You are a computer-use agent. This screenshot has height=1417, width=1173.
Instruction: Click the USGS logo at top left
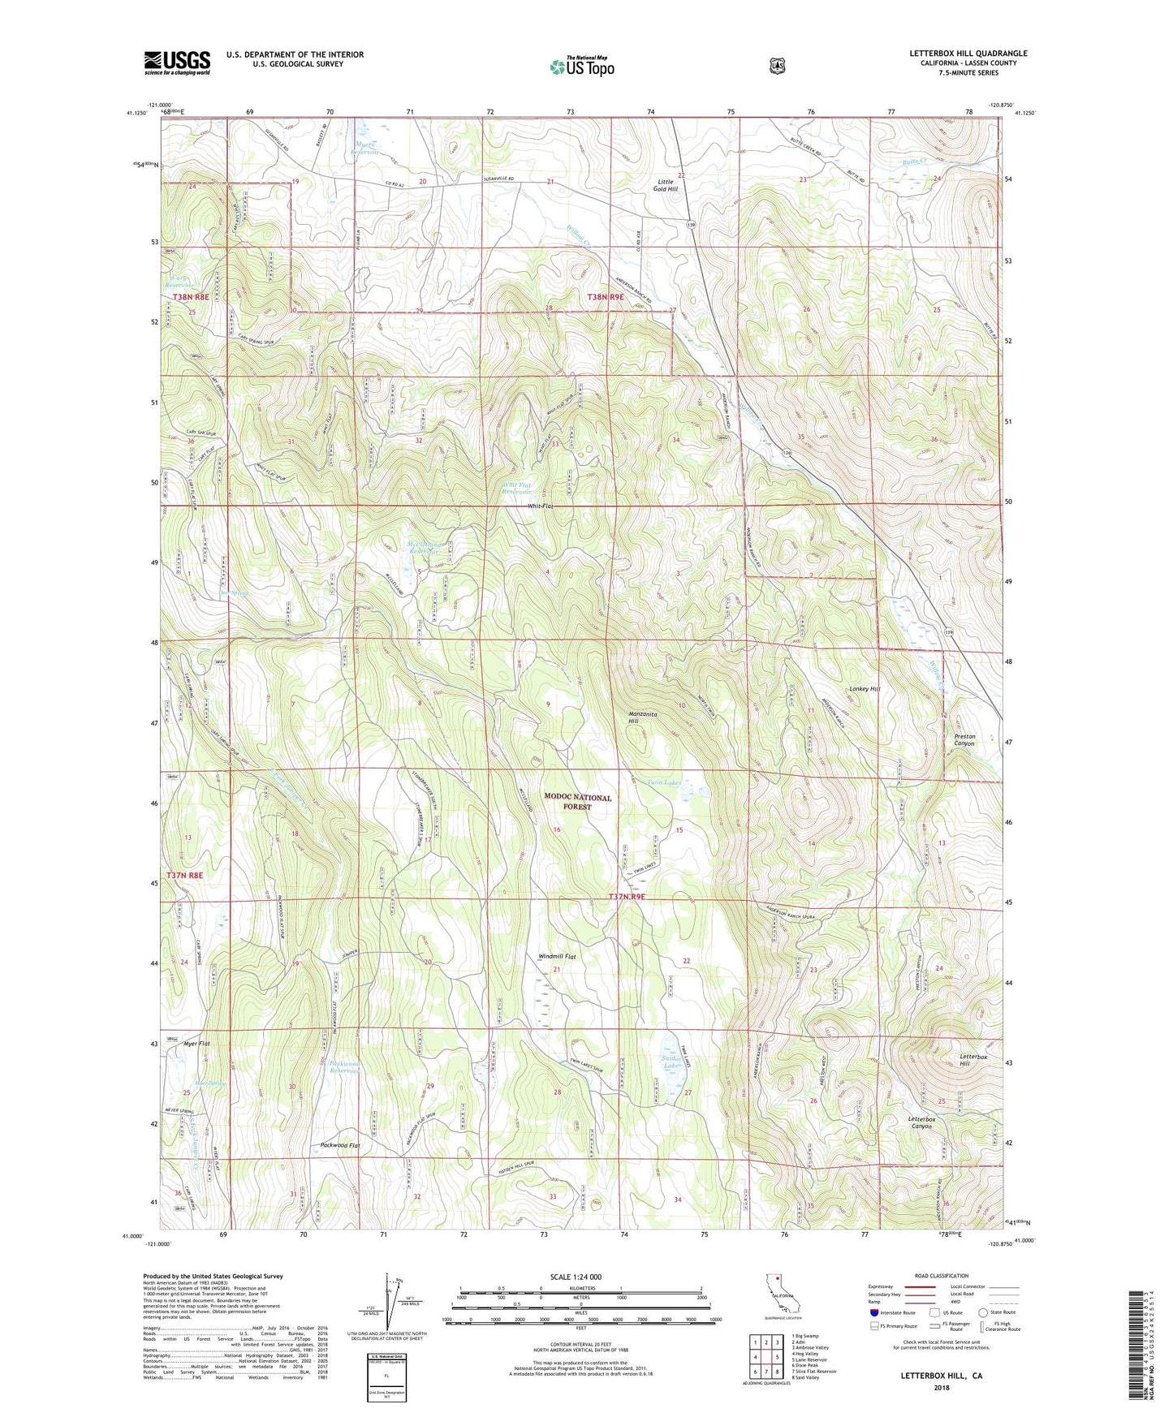pyautogui.click(x=177, y=62)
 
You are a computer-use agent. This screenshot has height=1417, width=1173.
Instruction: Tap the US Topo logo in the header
pyautogui.click(x=581, y=66)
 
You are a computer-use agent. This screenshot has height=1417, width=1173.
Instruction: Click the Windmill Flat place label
pyautogui.click(x=557, y=957)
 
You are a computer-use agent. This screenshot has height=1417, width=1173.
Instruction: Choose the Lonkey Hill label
pyautogui.click(x=864, y=689)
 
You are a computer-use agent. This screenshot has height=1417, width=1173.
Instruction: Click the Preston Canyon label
pyautogui.click(x=964, y=739)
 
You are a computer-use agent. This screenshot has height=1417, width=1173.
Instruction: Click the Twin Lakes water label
pyautogui.click(x=663, y=783)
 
